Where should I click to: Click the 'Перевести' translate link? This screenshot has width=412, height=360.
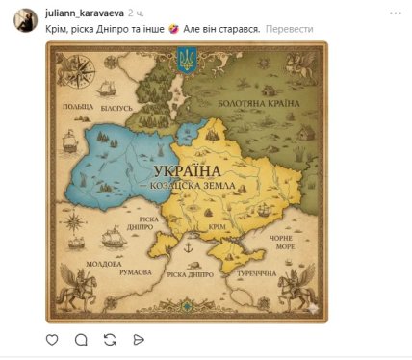tap(290, 29)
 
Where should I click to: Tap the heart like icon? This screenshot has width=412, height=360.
tap(52, 339)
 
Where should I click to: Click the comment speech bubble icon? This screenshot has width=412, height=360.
tap(81, 339)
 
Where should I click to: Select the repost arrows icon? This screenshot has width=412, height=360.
tap(110, 339)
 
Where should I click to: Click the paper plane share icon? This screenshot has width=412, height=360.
tap(139, 339)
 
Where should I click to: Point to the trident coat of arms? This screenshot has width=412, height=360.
tap(187, 63)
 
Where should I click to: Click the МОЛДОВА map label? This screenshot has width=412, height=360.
tap(104, 263)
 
